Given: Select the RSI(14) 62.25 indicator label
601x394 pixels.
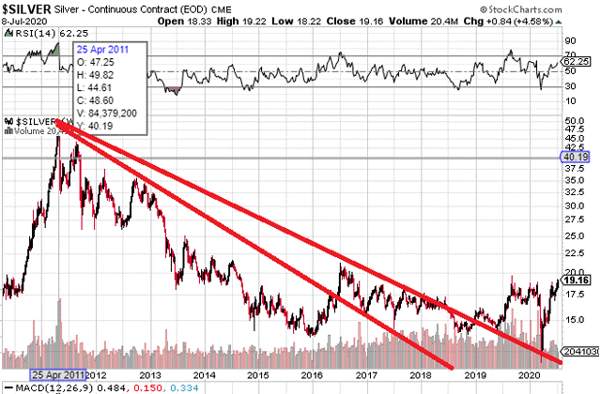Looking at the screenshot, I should [x=37, y=33].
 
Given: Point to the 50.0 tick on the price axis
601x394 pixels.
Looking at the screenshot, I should [x=574, y=121].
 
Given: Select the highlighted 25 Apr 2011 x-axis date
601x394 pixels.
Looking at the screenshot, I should [x=58, y=372].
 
